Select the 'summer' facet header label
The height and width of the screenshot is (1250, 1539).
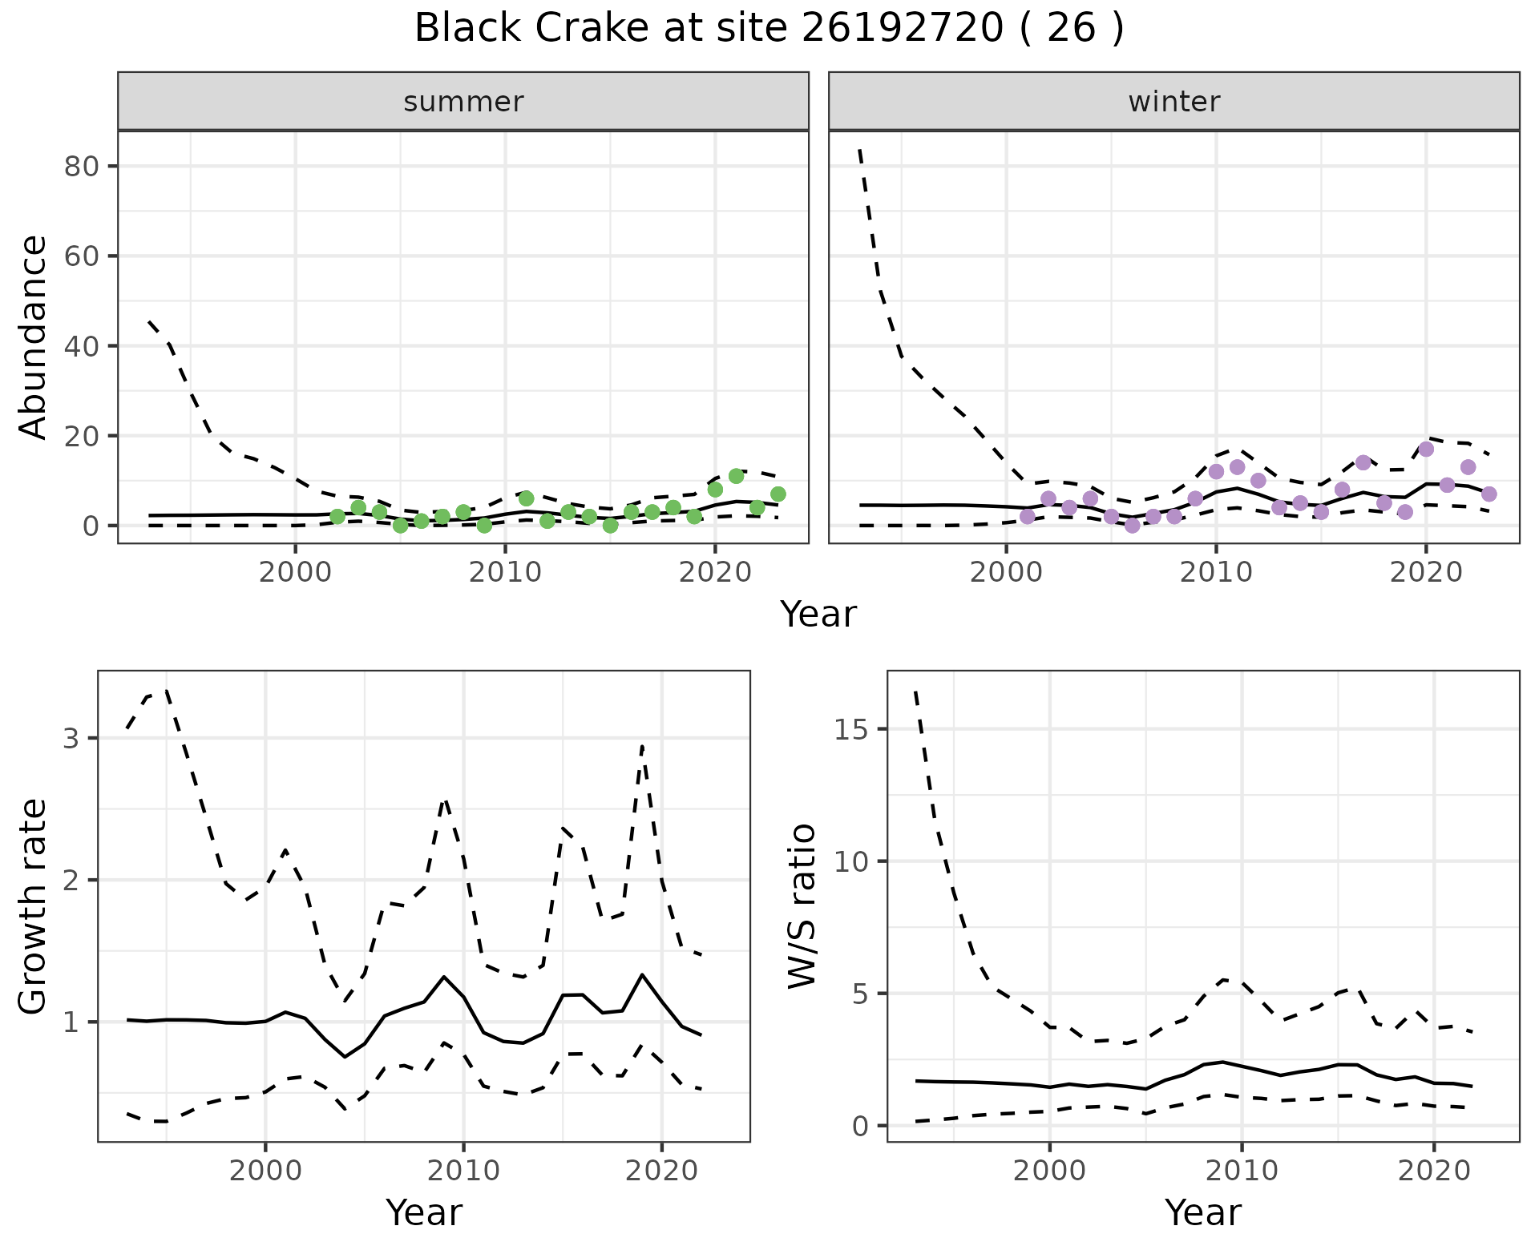point(463,102)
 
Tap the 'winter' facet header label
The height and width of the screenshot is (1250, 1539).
point(1173,102)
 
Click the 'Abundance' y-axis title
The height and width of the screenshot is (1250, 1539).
point(34,337)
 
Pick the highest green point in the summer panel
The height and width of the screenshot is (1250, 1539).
point(736,476)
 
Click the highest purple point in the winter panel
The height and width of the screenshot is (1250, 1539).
point(1426,450)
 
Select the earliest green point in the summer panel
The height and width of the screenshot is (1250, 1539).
point(337,517)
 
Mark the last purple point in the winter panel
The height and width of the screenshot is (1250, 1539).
point(1489,494)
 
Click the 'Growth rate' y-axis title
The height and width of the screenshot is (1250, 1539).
point(34,907)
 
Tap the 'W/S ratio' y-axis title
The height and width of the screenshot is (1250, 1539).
point(802,907)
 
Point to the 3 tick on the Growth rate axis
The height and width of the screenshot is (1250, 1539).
point(72,738)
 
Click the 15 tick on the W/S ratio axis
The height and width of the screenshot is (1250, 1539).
point(858,729)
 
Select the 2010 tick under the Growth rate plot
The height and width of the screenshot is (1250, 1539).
point(463,1171)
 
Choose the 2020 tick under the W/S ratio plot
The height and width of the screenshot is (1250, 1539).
point(1434,1171)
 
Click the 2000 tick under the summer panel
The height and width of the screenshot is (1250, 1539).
point(296,573)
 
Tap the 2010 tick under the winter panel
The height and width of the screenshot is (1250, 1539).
point(1216,573)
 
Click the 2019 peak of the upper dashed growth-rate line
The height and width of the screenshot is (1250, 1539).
point(642,745)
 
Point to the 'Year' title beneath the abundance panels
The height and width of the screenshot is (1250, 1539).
point(818,615)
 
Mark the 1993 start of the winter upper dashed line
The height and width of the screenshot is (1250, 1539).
point(859,149)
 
